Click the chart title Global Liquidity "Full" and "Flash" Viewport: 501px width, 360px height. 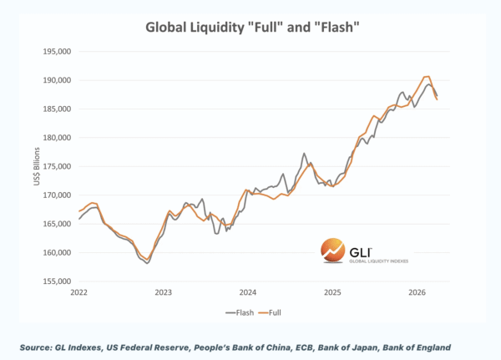(250, 27)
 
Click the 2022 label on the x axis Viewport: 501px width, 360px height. (78, 293)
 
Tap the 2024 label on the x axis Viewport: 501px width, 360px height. (248, 293)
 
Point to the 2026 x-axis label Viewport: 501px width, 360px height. (417, 293)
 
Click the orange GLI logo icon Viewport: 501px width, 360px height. (332, 250)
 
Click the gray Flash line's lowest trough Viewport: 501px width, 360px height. (147, 263)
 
